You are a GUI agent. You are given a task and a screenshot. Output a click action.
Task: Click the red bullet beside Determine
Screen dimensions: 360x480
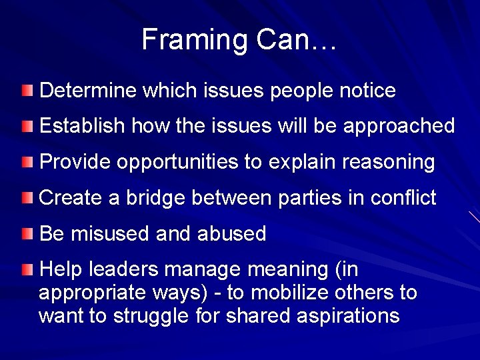[26, 89]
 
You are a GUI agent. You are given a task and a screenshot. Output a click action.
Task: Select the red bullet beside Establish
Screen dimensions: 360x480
[26, 125]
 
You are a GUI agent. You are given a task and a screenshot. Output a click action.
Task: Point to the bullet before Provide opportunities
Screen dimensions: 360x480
[26, 161]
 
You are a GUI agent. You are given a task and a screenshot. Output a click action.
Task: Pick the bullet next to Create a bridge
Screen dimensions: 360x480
[26, 197]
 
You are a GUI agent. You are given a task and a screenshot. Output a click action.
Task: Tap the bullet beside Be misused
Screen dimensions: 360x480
[26, 233]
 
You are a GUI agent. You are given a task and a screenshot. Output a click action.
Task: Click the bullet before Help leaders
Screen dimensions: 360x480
[26, 269]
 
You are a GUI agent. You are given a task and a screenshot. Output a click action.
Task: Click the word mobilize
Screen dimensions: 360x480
[300, 293]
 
